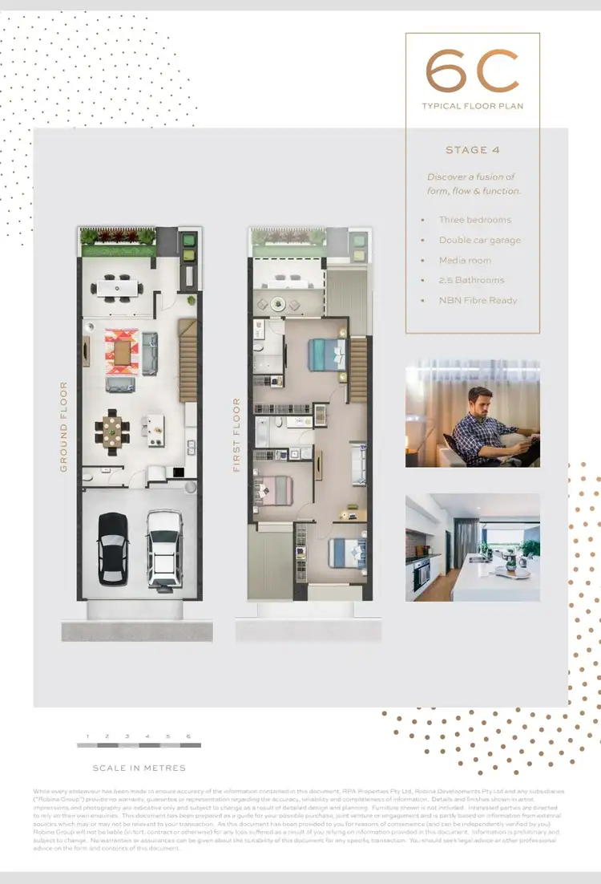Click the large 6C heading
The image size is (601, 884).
pos(472,71)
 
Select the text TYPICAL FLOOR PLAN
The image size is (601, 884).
pos(472,106)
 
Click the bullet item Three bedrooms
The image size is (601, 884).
pos(474,220)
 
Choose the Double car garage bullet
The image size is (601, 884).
pos(479,240)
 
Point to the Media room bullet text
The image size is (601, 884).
pos(465,260)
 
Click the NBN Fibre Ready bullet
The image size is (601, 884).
pos(478,300)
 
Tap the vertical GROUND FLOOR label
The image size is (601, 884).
pos(64,426)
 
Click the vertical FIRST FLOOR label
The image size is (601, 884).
pos(237,434)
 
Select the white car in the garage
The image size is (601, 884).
pos(164,549)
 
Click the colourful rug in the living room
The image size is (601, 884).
pos(123,351)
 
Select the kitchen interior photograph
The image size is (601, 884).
pos(472,547)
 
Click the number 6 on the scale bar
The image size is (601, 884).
pos(188,736)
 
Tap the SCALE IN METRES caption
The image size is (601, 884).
pos(139,768)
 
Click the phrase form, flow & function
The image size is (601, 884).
pos(474,191)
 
